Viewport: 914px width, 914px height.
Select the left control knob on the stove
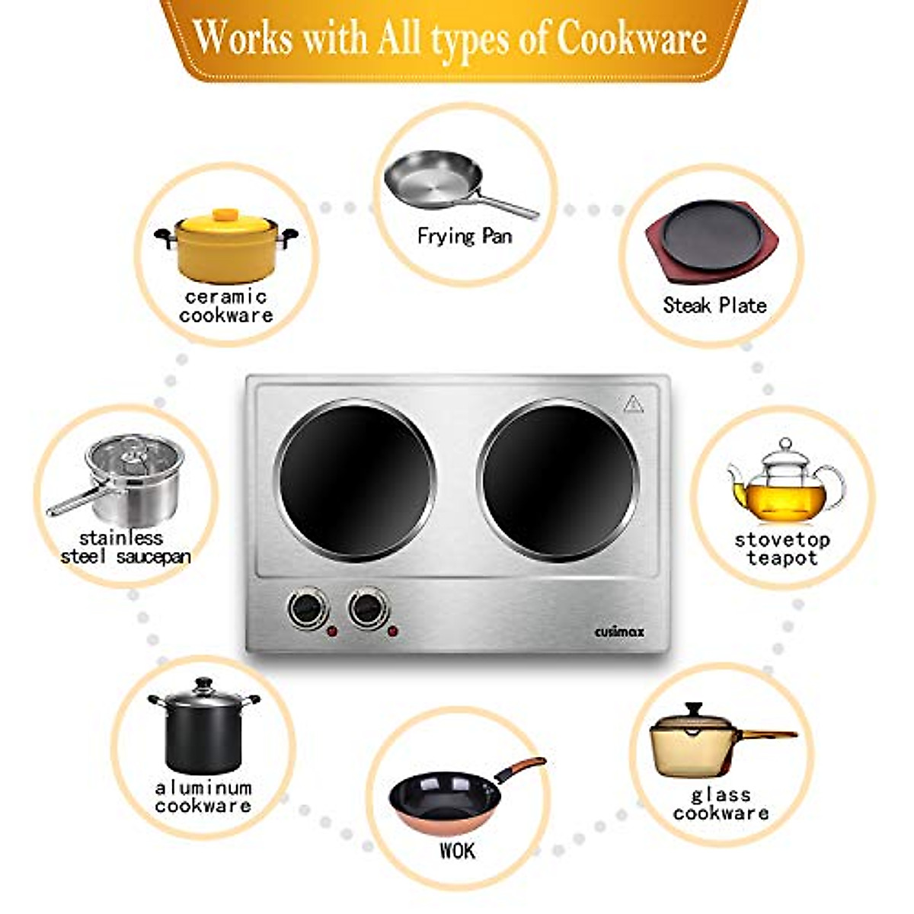click(307, 608)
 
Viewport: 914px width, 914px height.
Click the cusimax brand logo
click(618, 631)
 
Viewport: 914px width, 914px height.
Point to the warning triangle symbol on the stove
click(634, 404)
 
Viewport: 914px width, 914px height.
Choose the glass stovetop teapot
click(785, 484)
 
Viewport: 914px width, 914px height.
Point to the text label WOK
click(457, 851)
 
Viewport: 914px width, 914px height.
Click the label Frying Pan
click(464, 236)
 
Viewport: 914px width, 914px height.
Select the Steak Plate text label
click(714, 305)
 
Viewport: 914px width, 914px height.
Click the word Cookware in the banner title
click(631, 38)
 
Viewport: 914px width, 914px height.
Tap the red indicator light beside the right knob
click(393, 631)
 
